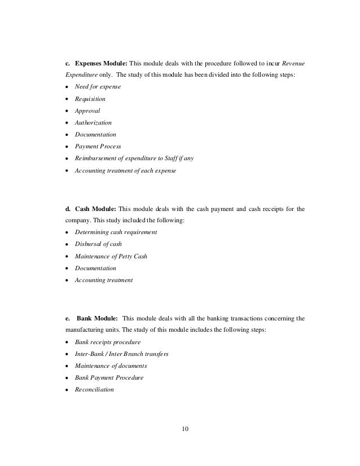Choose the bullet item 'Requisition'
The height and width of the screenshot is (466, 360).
90,99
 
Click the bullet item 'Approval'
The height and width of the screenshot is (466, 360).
87,111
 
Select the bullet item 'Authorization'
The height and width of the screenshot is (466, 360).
93,122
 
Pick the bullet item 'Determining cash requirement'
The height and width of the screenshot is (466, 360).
116,232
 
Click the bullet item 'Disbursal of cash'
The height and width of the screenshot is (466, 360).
98,244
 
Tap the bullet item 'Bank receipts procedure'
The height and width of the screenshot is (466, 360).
108,342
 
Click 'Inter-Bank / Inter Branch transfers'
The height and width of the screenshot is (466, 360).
121,354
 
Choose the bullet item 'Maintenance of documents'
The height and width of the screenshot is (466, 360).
111,366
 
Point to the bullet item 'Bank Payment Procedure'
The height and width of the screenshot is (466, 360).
109,377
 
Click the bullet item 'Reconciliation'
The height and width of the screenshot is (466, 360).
94,389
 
